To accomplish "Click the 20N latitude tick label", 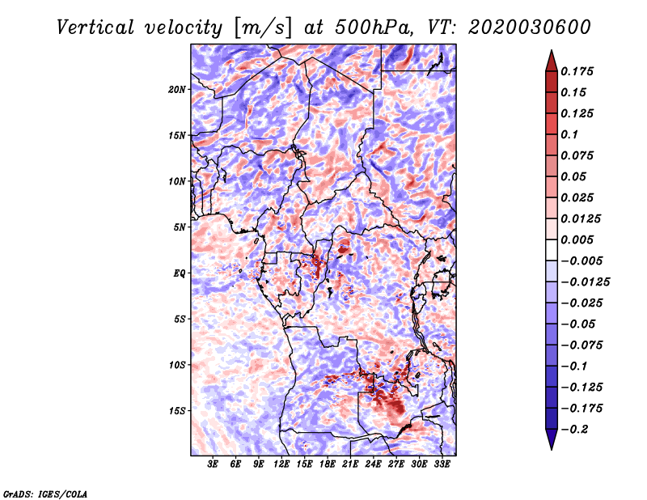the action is pos(177,90).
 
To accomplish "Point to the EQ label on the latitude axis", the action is pos(179,273).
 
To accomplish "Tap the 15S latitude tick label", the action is pos(177,411).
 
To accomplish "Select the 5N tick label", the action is pos(180,227).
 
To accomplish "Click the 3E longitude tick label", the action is pos(213,464).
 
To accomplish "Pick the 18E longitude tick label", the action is pos(328,464).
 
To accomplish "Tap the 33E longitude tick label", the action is pos(442,464).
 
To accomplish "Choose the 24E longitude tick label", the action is pos(373,464).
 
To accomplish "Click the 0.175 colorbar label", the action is pos(577,71).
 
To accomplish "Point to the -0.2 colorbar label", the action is pos(574,430).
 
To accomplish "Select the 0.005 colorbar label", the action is pos(577,239).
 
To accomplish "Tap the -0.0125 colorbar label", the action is pos(585,282).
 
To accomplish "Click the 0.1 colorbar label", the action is pos(569,134).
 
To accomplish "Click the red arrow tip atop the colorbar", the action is pos(552,50).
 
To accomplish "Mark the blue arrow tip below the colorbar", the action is pos(552,449).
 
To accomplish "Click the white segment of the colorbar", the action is pos(552,250).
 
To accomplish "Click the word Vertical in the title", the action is pos(95,28).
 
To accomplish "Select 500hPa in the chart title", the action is pos(374,28).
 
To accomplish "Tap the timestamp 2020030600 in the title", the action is pos(530,28).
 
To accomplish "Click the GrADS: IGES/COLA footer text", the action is pos(45,494).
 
